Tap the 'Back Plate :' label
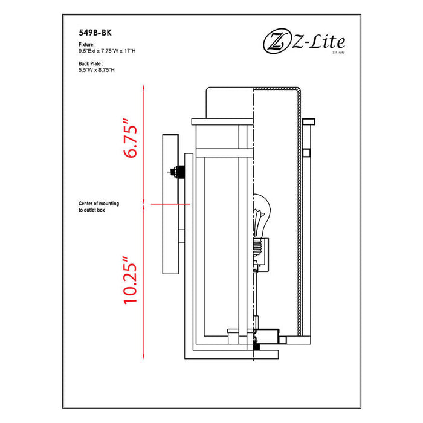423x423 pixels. coord(91,63)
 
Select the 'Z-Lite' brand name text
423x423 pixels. coord(319,42)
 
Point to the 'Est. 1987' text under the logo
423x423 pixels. coord(338,53)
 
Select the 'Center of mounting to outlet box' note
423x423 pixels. coord(98,207)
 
